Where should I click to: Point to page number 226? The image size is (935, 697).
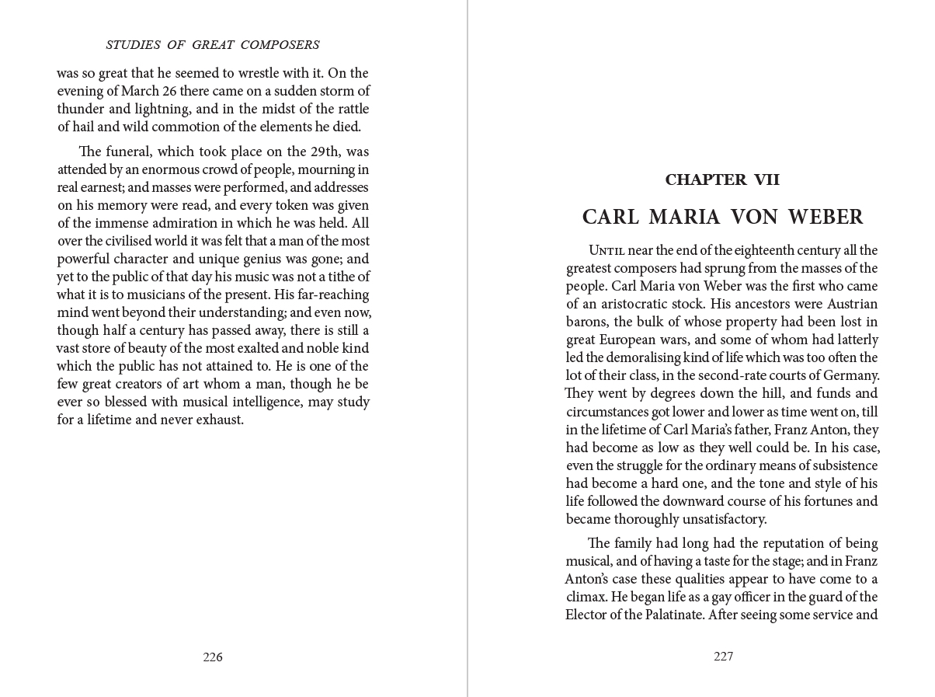click(x=213, y=657)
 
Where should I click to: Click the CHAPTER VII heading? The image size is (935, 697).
click(x=722, y=180)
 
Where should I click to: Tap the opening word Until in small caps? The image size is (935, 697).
click(x=607, y=250)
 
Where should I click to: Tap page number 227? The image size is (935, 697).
click(x=723, y=657)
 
